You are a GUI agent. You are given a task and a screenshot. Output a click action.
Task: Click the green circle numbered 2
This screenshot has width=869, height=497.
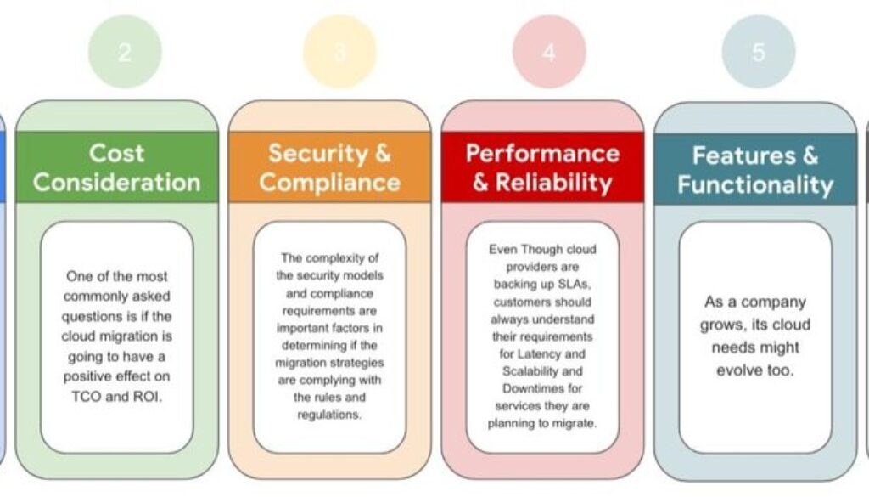pos(125,52)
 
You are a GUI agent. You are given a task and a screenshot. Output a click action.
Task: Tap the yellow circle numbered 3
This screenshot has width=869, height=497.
pos(339,52)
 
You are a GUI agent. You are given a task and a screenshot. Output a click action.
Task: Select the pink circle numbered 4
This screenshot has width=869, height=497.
pos(549,52)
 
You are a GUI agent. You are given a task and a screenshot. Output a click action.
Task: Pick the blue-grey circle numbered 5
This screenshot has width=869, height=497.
pos(758,52)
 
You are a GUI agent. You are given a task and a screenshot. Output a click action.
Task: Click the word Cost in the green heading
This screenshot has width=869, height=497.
pos(117,154)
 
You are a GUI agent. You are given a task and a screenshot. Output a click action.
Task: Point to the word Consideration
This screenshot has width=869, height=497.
pos(117,182)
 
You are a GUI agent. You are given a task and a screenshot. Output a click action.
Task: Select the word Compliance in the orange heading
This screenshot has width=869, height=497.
pos(330,182)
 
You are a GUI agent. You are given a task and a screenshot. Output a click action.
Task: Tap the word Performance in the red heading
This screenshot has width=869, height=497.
pos(542,153)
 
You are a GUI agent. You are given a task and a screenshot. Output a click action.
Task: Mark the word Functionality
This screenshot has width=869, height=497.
pos(755,184)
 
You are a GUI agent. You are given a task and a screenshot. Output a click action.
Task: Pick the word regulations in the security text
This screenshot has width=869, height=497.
pos(329,414)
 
